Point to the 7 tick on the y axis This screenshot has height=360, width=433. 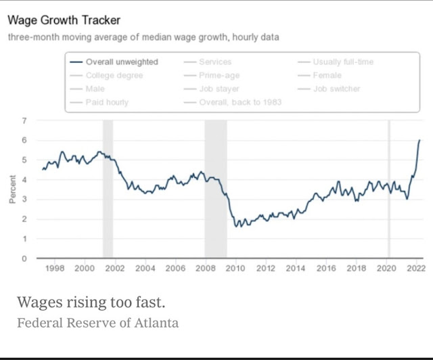coord(24,120)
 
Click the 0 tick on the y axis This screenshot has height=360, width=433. coord(24,258)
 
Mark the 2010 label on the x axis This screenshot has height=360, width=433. coord(235,269)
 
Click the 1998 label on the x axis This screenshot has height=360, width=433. coord(54,269)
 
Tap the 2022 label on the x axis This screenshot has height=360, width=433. coord(416,269)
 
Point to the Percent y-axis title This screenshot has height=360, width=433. coord(12,189)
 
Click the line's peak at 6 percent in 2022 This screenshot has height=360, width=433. coord(419,140)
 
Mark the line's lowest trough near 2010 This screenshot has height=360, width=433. coord(236,226)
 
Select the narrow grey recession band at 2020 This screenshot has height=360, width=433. coord(389,189)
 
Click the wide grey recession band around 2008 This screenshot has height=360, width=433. coord(216,189)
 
